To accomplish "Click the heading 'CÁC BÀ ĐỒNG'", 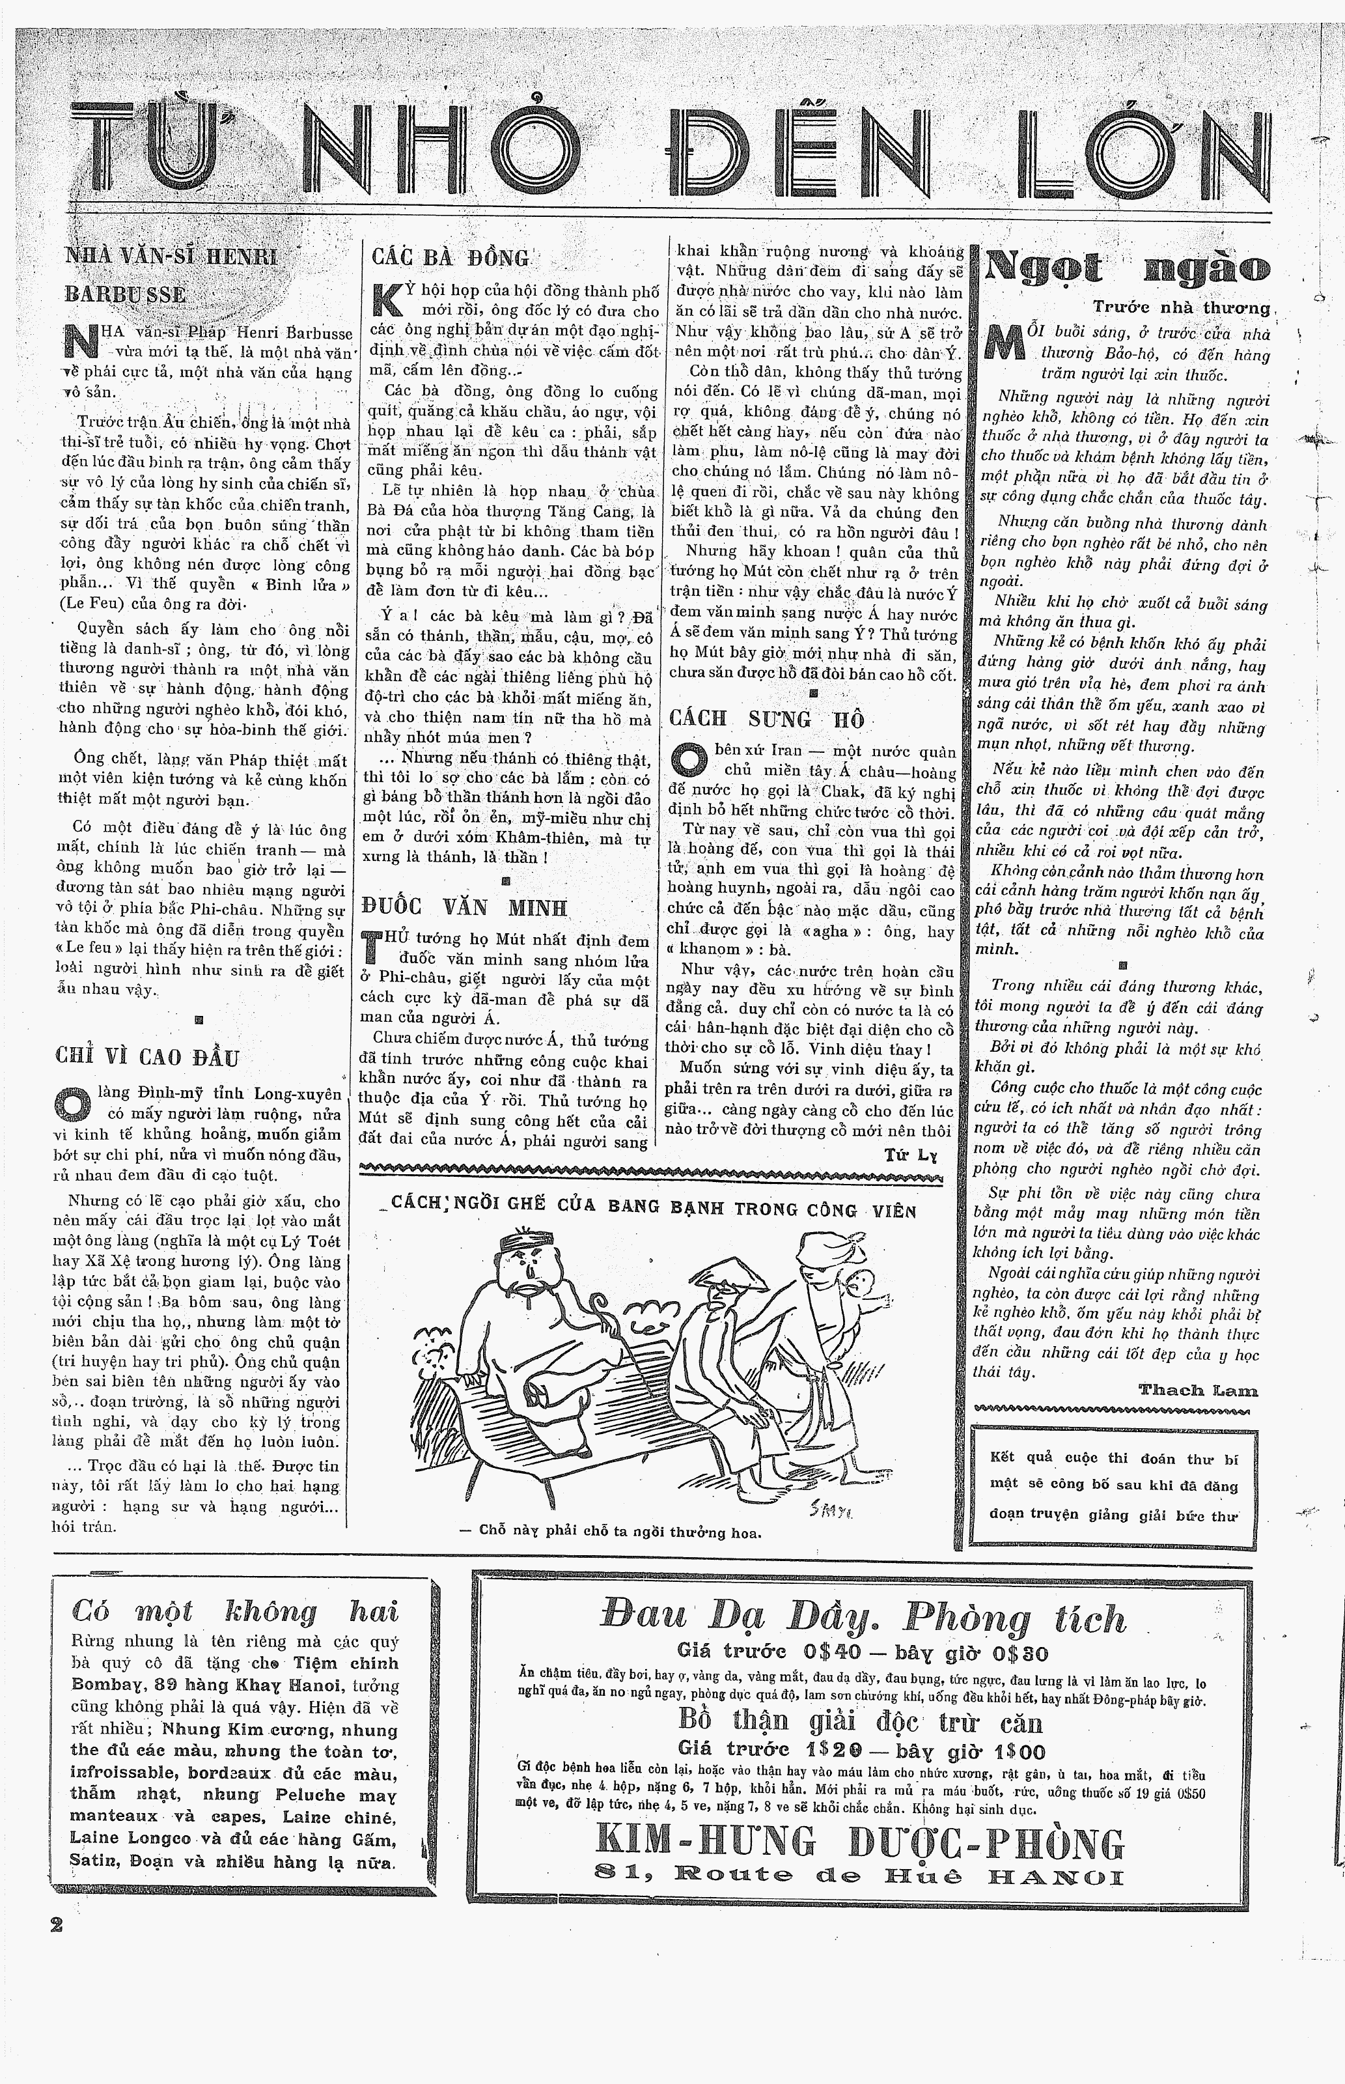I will (451, 258).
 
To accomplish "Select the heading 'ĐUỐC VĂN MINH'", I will (464, 907).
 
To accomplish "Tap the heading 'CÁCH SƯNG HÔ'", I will (767, 719).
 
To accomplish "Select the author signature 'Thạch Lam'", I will (1197, 1390).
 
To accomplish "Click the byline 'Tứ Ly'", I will (909, 1155).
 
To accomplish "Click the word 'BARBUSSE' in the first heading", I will (125, 294).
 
